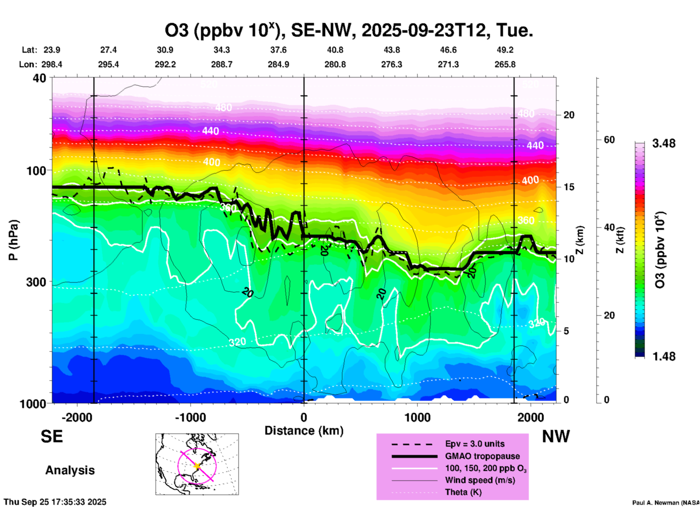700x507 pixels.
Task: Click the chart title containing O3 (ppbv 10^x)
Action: (349, 31)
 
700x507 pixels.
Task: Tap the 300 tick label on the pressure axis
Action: (36, 282)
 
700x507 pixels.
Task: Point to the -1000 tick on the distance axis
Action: (190, 417)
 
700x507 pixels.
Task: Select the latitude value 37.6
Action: (278, 50)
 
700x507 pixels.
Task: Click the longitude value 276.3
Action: (391, 64)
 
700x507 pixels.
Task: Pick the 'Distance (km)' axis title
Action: (304, 431)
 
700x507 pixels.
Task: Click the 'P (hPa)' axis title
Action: (13, 240)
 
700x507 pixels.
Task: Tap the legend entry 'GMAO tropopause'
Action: (482, 456)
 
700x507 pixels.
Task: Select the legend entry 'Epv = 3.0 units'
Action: (475, 444)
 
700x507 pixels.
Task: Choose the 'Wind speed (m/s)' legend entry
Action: (480, 480)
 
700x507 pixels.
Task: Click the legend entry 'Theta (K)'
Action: (463, 492)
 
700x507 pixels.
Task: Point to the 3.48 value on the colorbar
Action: (664, 143)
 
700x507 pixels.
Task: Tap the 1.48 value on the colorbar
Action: (664, 356)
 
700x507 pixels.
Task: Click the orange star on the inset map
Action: (197, 466)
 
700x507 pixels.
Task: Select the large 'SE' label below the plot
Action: (52, 436)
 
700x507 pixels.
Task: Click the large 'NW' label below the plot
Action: (556, 436)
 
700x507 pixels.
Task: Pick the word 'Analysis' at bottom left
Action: (70, 470)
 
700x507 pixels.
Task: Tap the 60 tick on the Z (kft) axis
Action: (609, 140)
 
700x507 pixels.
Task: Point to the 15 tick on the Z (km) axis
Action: (569, 187)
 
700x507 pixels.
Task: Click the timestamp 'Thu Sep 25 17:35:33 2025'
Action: (55, 502)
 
